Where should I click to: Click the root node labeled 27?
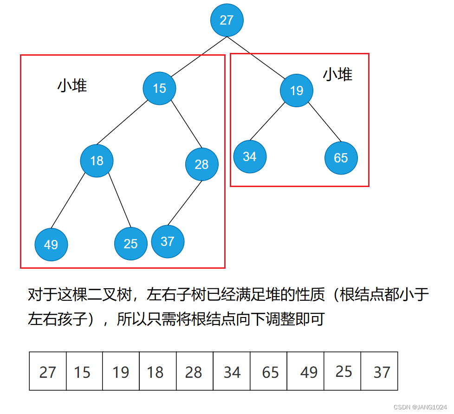tap(227, 20)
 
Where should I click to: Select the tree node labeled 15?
tap(159, 88)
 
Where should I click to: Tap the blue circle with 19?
tap(297, 90)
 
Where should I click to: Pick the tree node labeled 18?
tap(97, 161)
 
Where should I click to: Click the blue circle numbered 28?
tap(202, 164)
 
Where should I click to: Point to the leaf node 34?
tap(250, 156)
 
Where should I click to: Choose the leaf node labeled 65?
tap(341, 158)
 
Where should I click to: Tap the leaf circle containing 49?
tap(51, 244)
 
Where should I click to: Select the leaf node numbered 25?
tap(131, 244)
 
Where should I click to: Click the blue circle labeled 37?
tap(168, 241)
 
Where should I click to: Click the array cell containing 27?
tap(48, 371)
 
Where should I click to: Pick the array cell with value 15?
tap(84, 371)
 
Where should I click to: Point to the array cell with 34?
tap(232, 371)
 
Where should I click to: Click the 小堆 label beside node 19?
tap(337, 74)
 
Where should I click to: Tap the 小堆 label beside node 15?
tap(72, 85)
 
